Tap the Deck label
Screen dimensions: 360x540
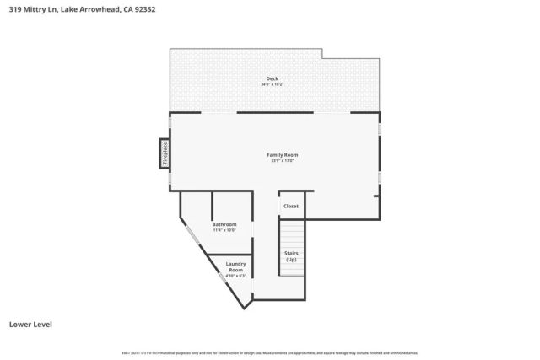pos(273,78)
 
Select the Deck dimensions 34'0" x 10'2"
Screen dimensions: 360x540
pos(273,84)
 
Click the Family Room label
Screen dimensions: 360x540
pos(282,154)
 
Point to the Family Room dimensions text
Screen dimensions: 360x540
pos(282,160)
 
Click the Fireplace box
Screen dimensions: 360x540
pos(165,154)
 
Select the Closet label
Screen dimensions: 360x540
pos(290,206)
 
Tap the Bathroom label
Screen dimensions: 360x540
pos(224,223)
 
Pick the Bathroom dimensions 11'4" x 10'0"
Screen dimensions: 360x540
pos(224,229)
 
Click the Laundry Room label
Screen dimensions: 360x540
pos(235,266)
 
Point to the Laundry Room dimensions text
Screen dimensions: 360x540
pos(235,276)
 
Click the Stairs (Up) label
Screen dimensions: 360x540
pos(291,256)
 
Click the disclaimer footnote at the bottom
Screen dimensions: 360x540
pos(270,352)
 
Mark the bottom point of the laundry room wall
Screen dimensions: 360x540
pos(246,308)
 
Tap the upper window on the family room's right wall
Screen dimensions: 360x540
pos(380,128)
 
